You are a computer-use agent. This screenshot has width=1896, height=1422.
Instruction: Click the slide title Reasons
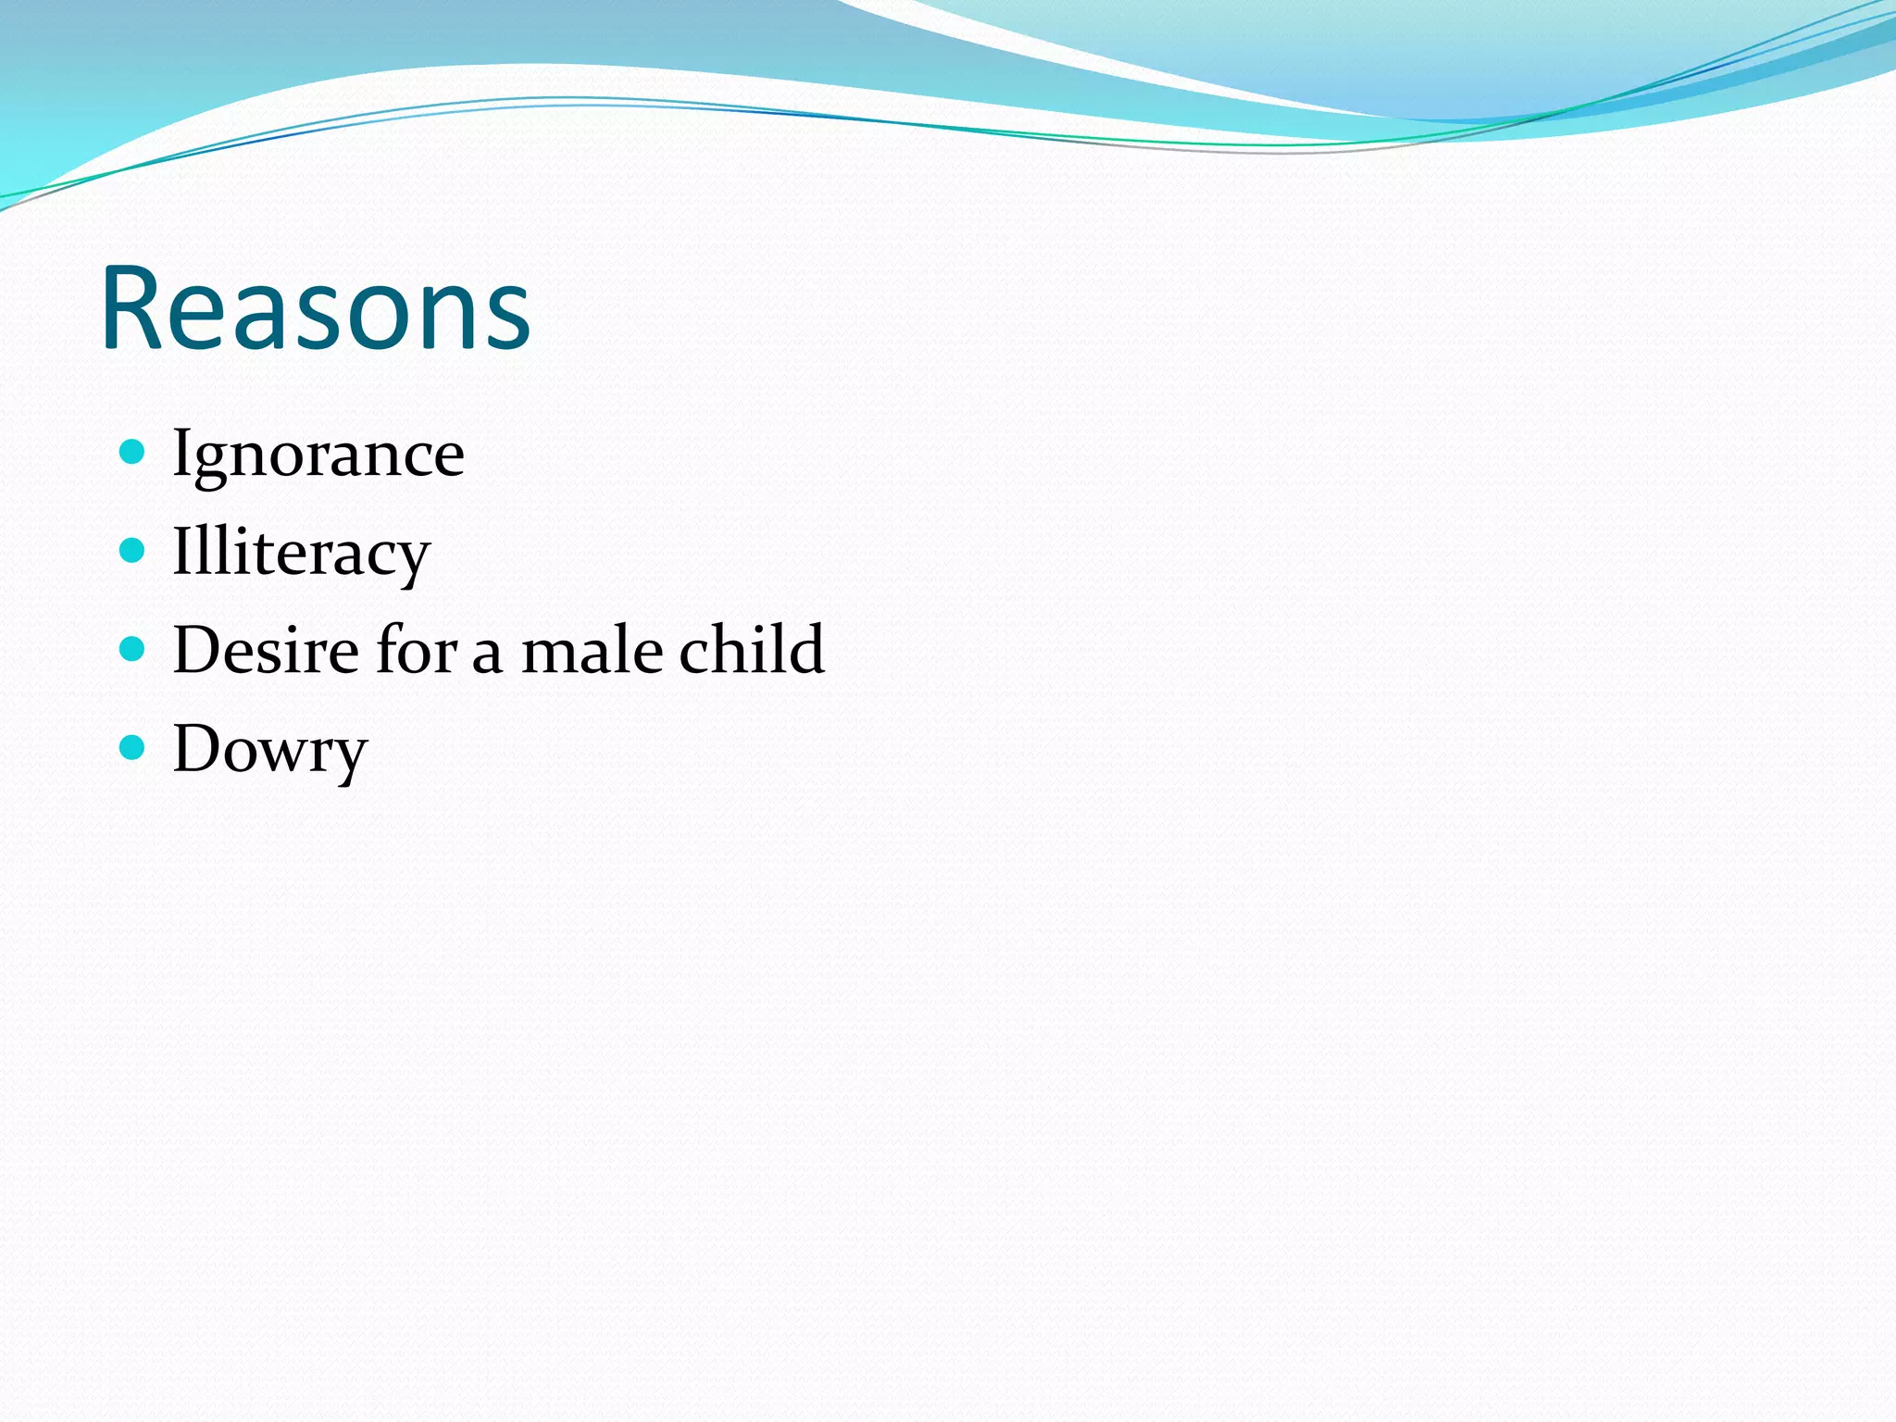tap(315, 308)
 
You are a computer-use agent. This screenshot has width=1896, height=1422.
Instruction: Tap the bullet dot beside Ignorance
tap(133, 452)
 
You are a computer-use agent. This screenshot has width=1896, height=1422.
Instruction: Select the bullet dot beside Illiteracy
tap(133, 551)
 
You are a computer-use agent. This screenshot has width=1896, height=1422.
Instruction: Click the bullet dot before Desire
tap(133, 649)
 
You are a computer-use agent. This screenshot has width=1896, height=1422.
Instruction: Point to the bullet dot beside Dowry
tap(133, 747)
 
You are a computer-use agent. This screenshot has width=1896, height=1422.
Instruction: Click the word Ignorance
tap(318, 455)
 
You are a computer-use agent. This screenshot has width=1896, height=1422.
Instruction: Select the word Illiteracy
tap(301, 554)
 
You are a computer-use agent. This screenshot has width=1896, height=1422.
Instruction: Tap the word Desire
tap(266, 650)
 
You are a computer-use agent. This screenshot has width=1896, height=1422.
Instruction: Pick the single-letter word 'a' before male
tap(488, 655)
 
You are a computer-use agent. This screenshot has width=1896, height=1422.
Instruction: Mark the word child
tap(751, 650)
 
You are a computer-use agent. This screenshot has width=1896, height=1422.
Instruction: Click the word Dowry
tap(269, 750)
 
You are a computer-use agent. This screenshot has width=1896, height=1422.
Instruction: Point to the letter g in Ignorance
tap(209, 463)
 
